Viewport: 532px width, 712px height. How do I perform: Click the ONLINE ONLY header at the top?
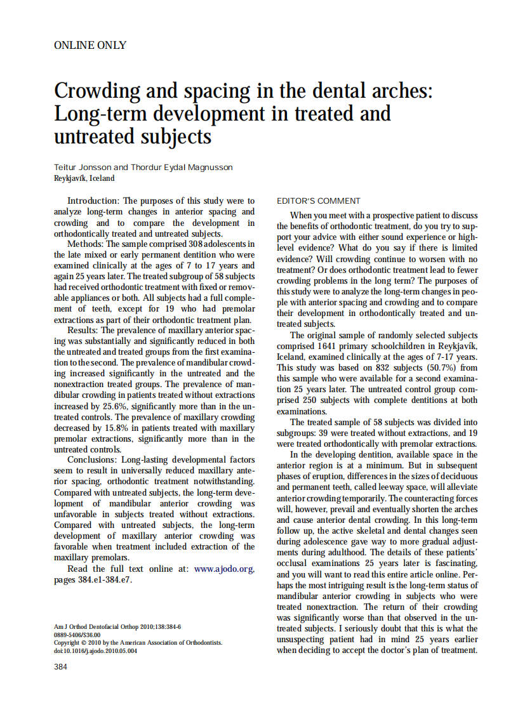pyautogui.click(x=90, y=46)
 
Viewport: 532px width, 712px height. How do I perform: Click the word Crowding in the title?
pyautogui.click(x=96, y=91)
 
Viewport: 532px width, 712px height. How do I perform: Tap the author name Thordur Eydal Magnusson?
pyautogui.click(x=182, y=168)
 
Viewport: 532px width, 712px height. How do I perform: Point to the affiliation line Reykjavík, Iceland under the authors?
pyautogui.click(x=84, y=178)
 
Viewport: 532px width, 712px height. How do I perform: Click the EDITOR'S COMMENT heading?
pyautogui.click(x=319, y=201)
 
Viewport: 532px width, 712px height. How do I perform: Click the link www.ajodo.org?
pyautogui.click(x=224, y=569)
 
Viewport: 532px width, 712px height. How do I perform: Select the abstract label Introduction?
pyautogui.click(x=93, y=201)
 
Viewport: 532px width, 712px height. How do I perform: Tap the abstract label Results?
pyautogui.click(x=84, y=330)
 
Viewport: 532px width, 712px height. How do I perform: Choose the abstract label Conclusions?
pyautogui.click(x=93, y=459)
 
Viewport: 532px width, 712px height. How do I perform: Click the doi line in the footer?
pyautogui.click(x=95, y=650)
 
